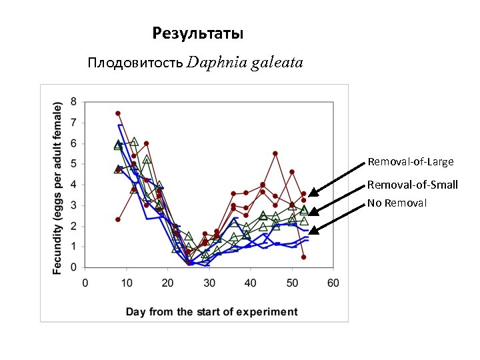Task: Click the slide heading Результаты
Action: click(x=197, y=33)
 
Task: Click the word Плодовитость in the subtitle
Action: click(x=135, y=63)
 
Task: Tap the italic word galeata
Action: click(x=276, y=63)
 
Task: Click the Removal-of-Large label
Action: click(x=410, y=162)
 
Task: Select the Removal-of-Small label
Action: click(x=412, y=185)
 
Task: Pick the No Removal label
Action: click(x=397, y=203)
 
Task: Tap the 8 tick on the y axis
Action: click(x=73, y=102)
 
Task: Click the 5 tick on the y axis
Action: click(x=73, y=164)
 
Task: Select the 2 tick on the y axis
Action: click(x=73, y=226)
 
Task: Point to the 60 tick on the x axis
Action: click(x=333, y=283)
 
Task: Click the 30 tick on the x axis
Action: click(x=209, y=283)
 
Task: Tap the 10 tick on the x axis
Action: click(x=126, y=283)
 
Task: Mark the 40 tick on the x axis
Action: click(x=250, y=283)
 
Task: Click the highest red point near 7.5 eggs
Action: click(x=118, y=113)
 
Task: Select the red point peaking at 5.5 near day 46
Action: click(x=275, y=153)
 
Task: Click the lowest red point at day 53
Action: click(x=304, y=257)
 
